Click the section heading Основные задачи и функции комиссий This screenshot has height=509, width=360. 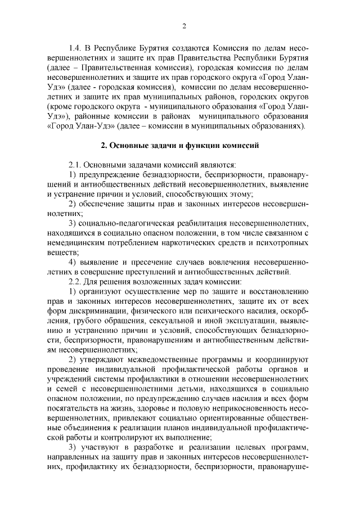179,145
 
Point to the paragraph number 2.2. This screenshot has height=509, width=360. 75,281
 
